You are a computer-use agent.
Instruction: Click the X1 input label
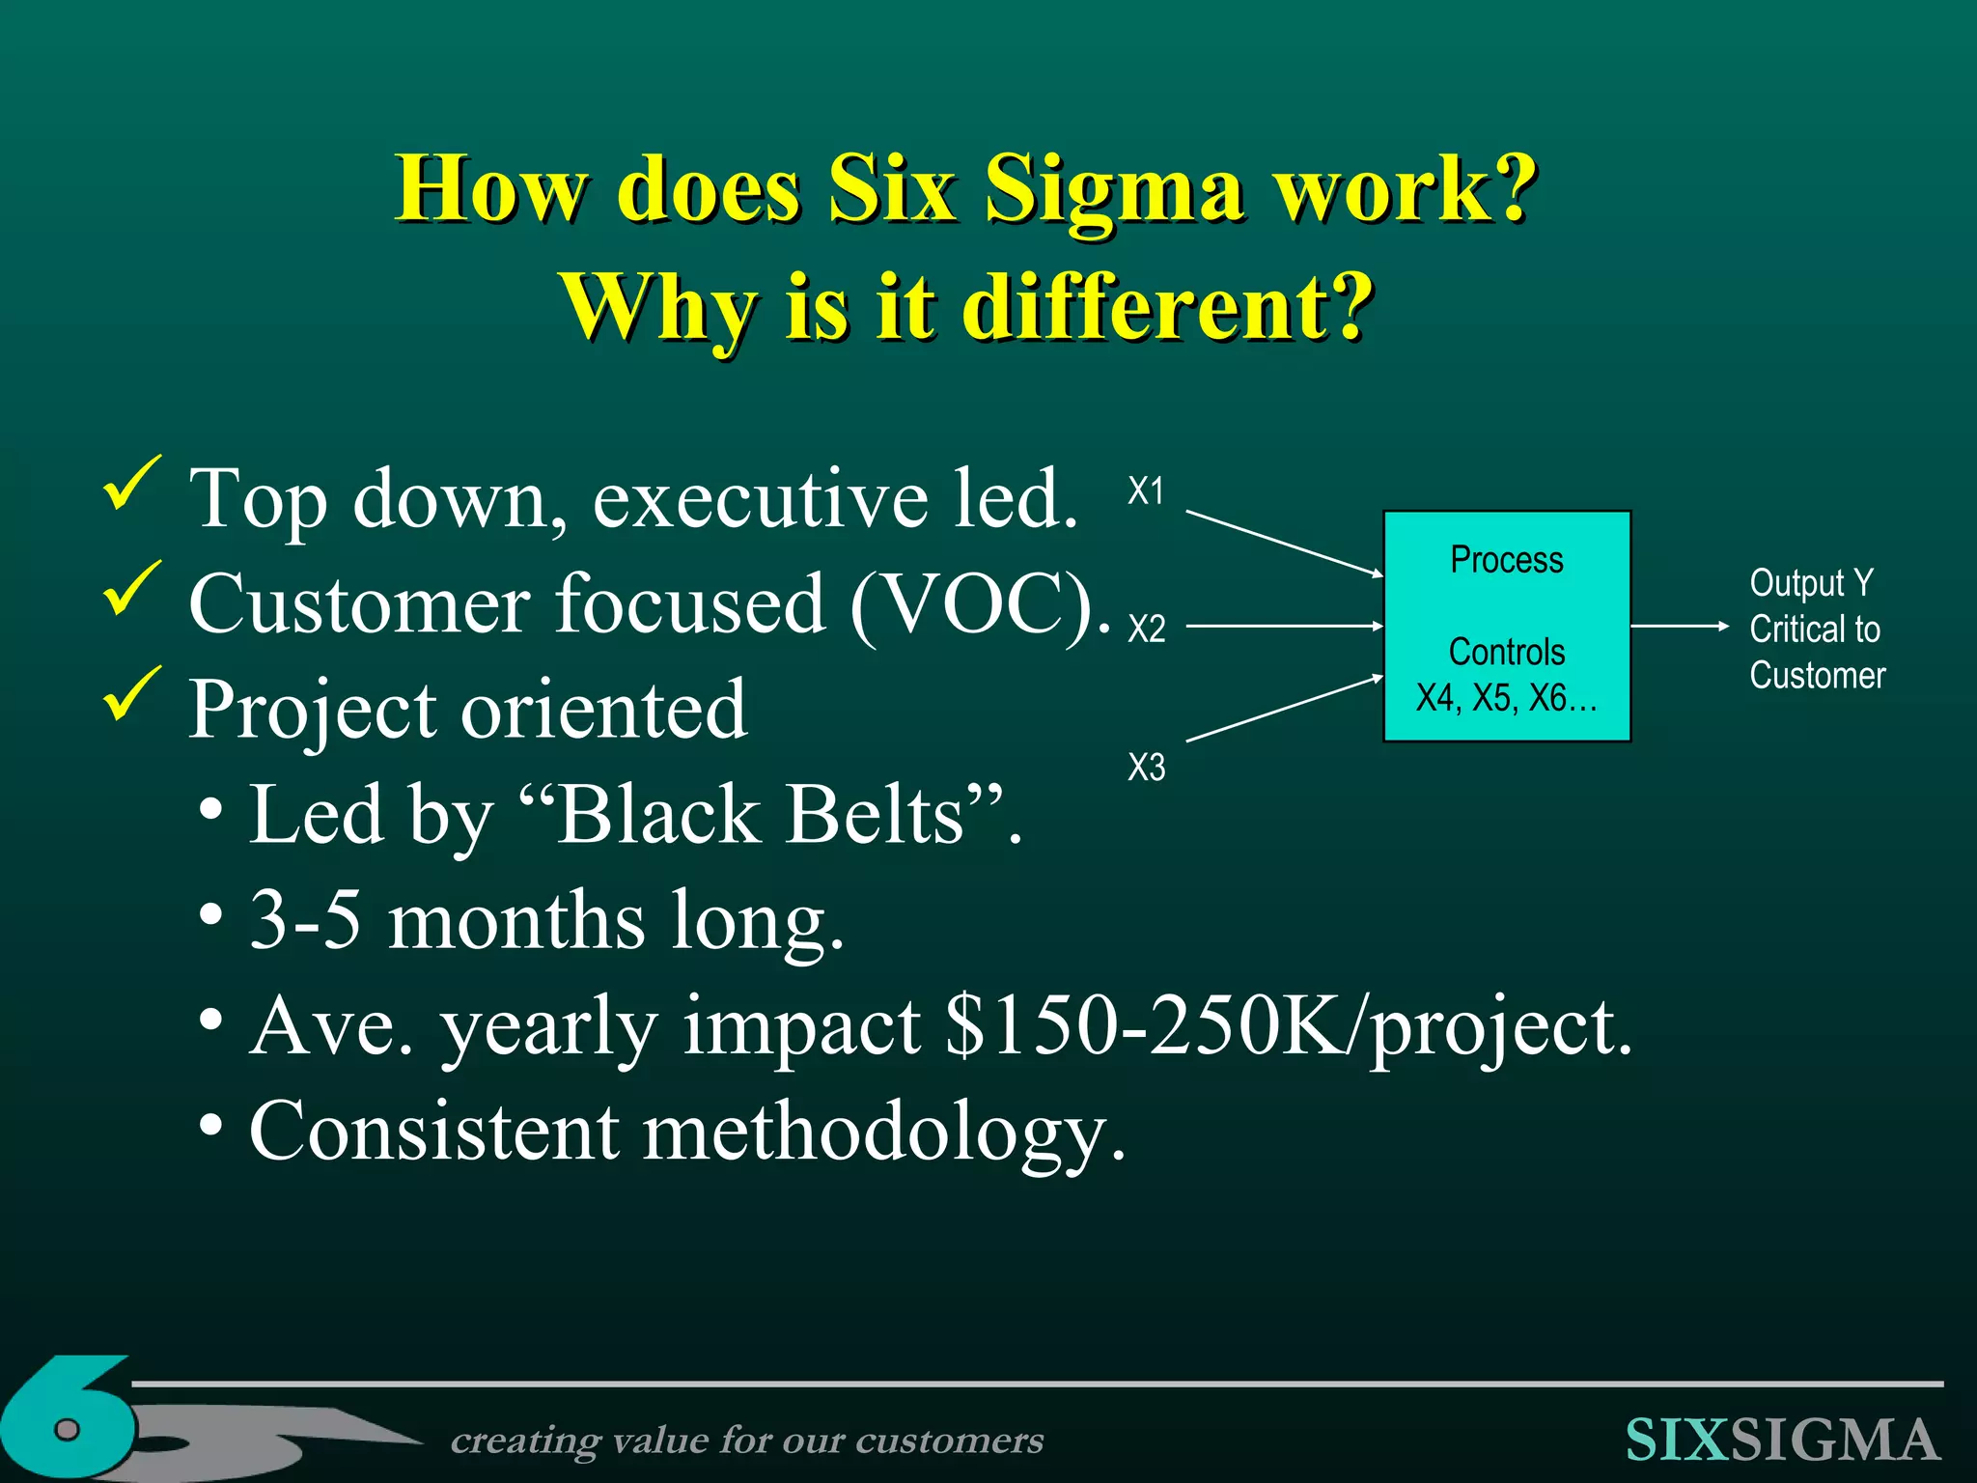pos(1146,491)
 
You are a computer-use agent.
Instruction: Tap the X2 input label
pos(1147,630)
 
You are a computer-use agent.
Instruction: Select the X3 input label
pos(1147,768)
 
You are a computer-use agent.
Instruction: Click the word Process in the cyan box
pos(1507,560)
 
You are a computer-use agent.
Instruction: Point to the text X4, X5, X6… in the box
pos(1507,698)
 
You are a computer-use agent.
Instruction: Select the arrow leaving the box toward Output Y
pos(1679,627)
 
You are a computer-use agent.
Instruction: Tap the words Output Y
pos(1811,583)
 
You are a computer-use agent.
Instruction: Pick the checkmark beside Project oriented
pos(131,692)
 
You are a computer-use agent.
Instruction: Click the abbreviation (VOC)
pos(980,604)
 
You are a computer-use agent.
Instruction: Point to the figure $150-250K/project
pos(1289,1026)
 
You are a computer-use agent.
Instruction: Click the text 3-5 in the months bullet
pos(305,920)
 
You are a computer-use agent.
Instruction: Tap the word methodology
pos(883,1132)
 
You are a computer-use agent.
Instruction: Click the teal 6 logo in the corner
pos(68,1419)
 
